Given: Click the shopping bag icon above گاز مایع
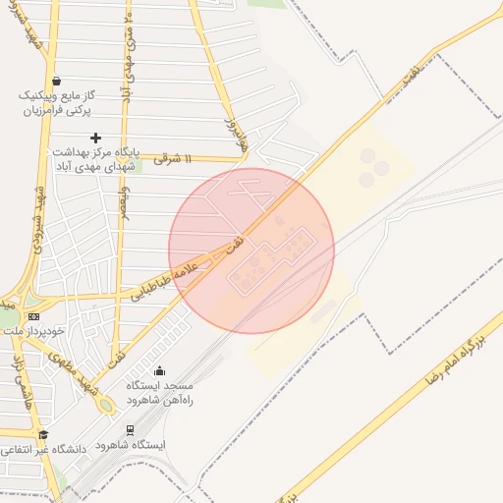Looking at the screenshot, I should [x=56, y=81].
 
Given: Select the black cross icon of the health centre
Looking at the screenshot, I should [x=95, y=139].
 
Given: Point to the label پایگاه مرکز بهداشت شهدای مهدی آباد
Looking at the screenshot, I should [x=95, y=158].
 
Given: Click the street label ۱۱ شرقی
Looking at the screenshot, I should [x=173, y=158].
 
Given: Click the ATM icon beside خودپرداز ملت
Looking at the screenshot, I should [x=34, y=316].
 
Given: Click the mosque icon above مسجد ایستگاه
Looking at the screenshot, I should [x=159, y=370].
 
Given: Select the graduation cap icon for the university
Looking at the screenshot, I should [x=42, y=434].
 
